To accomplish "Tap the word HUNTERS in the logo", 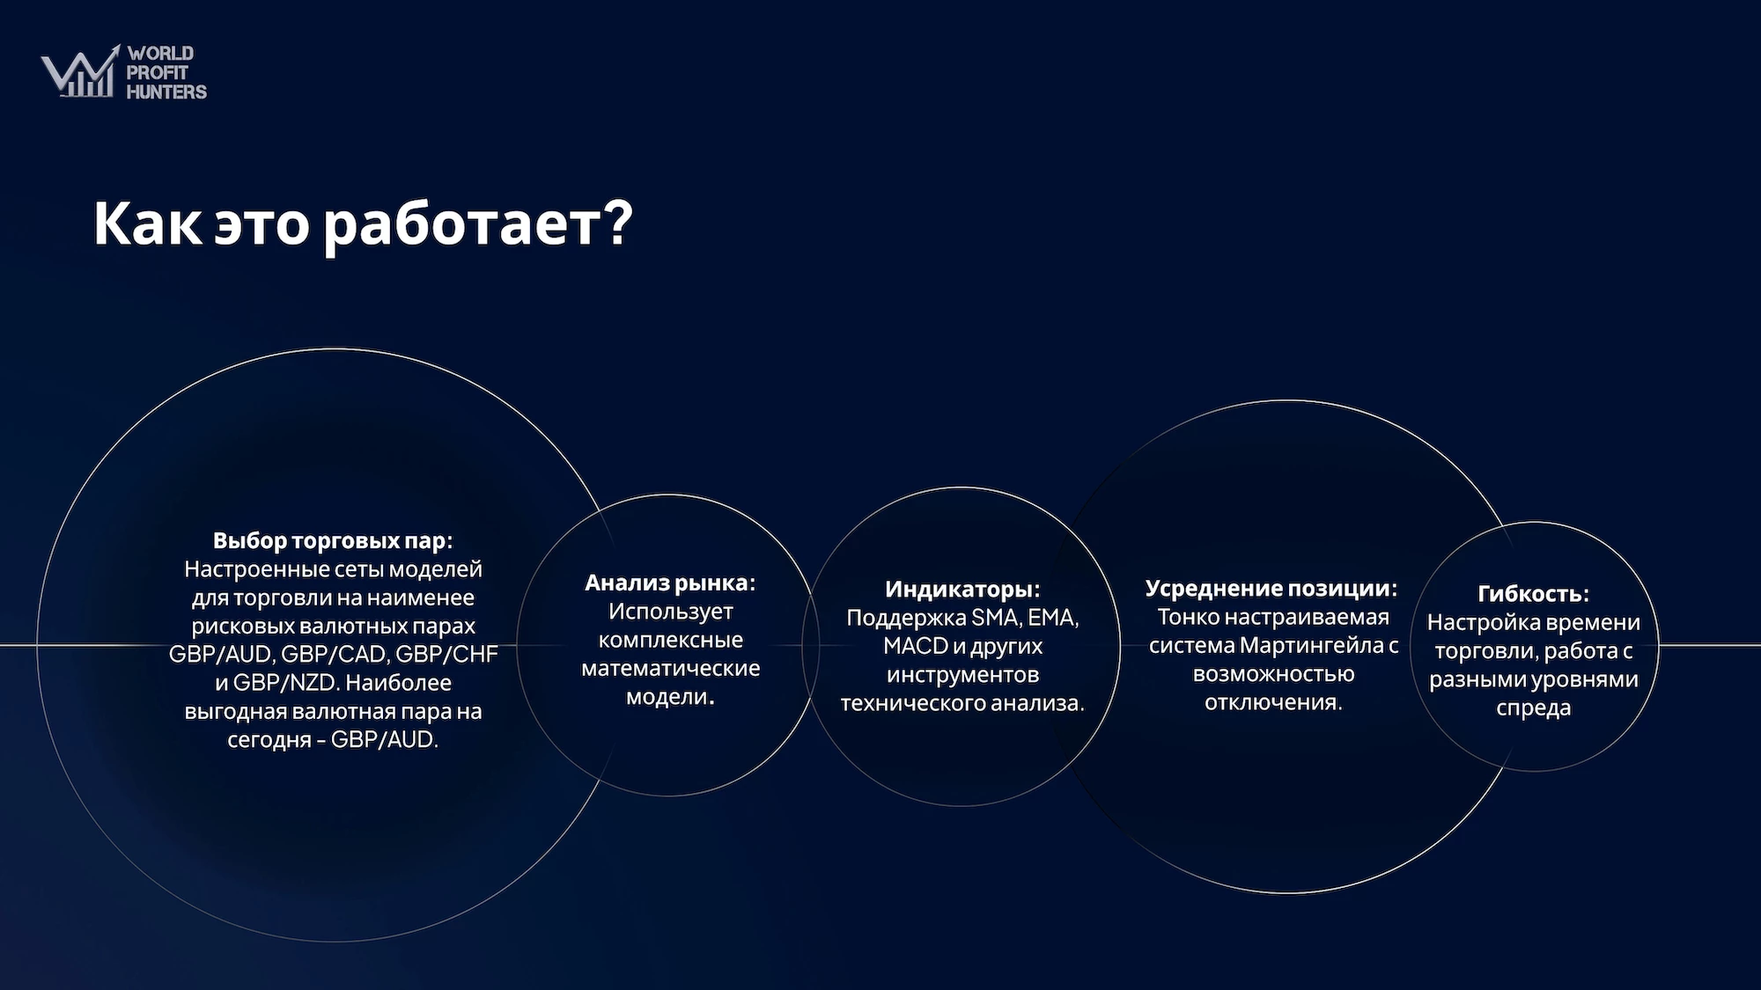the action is point(166,92).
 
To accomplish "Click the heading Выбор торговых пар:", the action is point(333,540).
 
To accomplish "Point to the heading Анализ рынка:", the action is point(670,583).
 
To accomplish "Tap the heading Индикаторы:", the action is point(962,589).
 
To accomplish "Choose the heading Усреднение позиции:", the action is point(1271,588).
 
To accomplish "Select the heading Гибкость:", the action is point(1533,594).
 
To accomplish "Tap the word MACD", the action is point(915,646).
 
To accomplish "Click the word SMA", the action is point(995,618).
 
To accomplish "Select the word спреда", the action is point(1533,708).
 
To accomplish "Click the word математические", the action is point(670,668).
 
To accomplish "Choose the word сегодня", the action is point(269,740).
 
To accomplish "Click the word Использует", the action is point(670,612).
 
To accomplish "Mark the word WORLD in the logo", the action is point(160,54).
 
